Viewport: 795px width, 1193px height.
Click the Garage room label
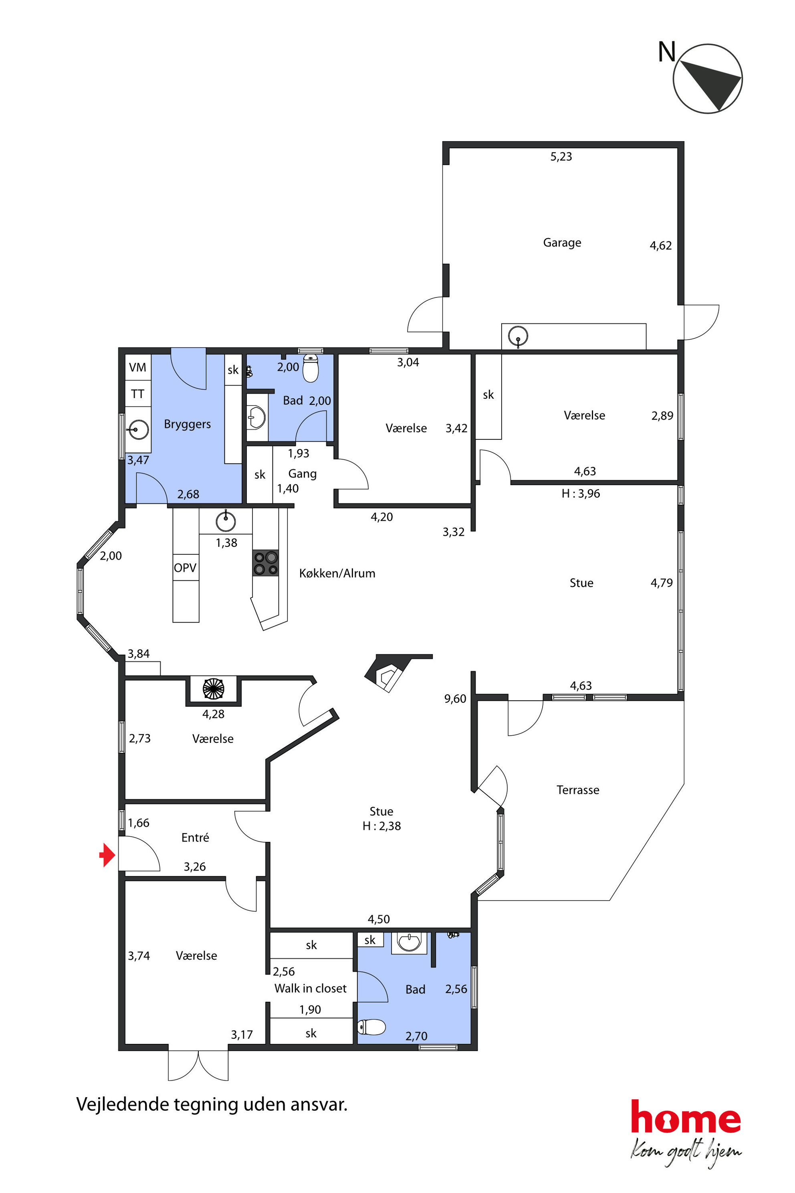[x=562, y=243]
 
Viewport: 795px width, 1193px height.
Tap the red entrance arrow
[x=107, y=855]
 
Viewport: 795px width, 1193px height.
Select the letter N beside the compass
[x=667, y=51]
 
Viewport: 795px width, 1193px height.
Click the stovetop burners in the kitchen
[x=266, y=563]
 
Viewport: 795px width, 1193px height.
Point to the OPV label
[x=185, y=568]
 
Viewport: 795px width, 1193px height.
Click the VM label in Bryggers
[x=137, y=367]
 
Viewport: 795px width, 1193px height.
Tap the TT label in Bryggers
[x=137, y=394]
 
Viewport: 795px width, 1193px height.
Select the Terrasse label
[x=578, y=790]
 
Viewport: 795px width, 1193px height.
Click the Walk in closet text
[x=310, y=988]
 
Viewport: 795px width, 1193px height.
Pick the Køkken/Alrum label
[x=337, y=573]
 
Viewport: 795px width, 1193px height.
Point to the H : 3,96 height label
[x=581, y=493]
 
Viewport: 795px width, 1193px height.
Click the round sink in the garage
[x=518, y=336]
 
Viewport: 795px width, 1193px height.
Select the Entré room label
[x=195, y=837]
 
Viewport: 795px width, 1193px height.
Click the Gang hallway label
[x=302, y=474]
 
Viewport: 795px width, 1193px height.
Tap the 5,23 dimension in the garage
[x=561, y=157]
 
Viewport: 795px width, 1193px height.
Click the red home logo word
[x=686, y=1116]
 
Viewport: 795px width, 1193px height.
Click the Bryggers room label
[x=187, y=424]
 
